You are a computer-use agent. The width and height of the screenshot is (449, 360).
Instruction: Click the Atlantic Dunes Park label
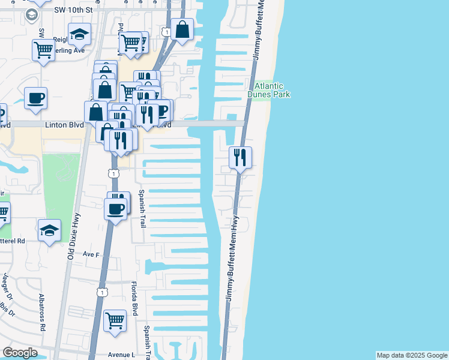tap(268, 91)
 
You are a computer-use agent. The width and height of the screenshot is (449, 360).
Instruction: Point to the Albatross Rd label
tap(42, 313)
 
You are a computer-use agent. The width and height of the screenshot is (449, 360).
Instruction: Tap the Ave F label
tap(91, 254)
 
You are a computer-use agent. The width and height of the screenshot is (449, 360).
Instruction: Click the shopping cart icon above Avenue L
tap(115, 320)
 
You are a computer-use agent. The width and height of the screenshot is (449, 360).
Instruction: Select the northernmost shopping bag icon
tap(182, 29)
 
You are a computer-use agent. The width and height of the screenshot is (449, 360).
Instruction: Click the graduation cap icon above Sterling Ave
tap(79, 35)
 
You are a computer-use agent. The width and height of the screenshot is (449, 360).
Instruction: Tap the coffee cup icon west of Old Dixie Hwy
tap(36, 98)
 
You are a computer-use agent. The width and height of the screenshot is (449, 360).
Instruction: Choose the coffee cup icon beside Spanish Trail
tap(116, 209)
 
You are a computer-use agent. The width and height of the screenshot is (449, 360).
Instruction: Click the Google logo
tap(20, 353)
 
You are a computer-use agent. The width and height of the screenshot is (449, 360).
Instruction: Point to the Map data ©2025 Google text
tap(412, 355)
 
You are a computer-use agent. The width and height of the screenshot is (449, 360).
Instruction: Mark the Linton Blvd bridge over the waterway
tap(216, 124)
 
